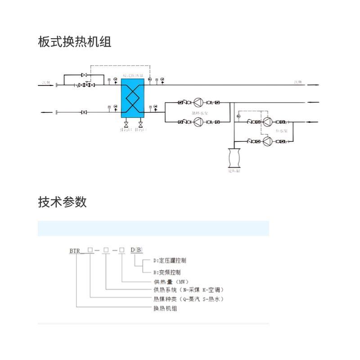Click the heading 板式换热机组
(75, 42)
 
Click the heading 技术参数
(62, 202)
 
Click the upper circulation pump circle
(198, 102)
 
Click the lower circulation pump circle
(198, 121)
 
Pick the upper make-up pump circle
(268, 121)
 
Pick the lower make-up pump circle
(268, 141)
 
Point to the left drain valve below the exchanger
(126, 125)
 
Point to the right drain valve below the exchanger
(141, 125)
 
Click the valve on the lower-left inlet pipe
(84, 112)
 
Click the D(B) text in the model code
(136, 250)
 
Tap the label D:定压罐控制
(170, 261)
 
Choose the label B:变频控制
(167, 272)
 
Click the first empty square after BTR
(90, 250)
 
